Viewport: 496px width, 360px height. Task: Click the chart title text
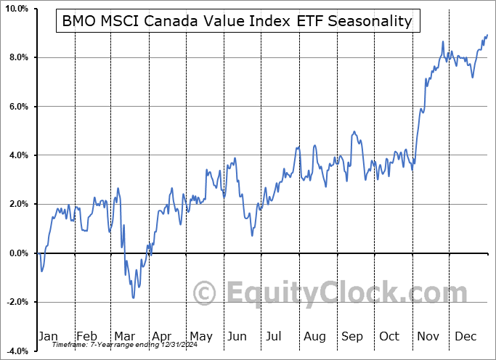(237, 22)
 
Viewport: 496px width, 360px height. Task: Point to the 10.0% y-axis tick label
(16, 9)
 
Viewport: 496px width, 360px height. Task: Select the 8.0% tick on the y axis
(18, 57)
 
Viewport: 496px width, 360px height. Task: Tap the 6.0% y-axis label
(18, 107)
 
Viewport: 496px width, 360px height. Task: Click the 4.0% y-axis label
(18, 155)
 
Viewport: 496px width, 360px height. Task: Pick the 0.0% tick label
(18, 253)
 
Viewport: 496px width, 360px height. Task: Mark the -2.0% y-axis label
(17, 302)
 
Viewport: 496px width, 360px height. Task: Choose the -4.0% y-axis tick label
(17, 351)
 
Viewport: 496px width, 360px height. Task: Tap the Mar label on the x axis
(125, 336)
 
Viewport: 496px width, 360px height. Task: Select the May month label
(200, 336)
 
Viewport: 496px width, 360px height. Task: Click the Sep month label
(352, 336)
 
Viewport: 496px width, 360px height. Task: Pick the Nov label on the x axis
(428, 336)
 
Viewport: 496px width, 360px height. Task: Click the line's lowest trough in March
(134, 298)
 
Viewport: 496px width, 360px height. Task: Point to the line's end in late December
(487, 35)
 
